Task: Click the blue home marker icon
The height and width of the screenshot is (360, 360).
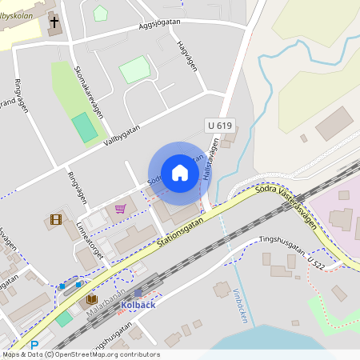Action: tap(180, 173)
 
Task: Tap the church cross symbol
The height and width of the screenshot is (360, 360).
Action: tap(54, 22)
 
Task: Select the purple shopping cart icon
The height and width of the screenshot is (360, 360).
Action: tap(120, 209)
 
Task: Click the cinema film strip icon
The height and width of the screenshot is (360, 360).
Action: tap(56, 219)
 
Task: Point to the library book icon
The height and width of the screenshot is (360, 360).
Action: tap(91, 300)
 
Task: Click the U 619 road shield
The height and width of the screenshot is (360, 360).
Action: tap(220, 126)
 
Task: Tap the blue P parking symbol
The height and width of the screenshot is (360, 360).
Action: tap(34, 346)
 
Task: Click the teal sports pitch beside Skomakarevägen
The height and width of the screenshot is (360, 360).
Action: tap(83, 128)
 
